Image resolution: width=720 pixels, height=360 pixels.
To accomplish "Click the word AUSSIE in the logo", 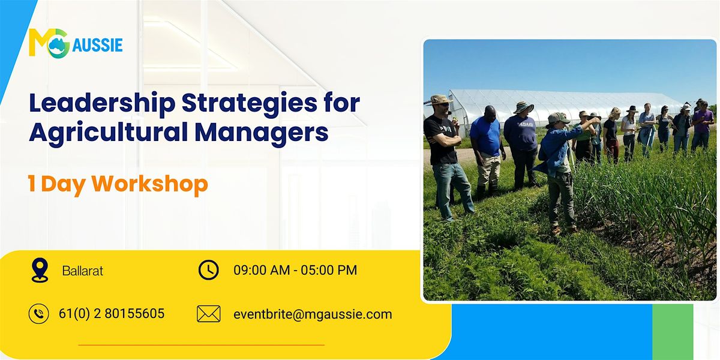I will pyautogui.click(x=98, y=45).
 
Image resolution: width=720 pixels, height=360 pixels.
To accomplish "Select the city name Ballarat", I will pyautogui.click(x=83, y=271).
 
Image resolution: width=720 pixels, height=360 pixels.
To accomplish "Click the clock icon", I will pyautogui.click(x=208, y=270).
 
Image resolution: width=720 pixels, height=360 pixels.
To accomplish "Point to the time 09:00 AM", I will pyautogui.click(x=262, y=270).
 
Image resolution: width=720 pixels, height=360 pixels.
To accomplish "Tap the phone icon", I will pyautogui.click(x=39, y=314).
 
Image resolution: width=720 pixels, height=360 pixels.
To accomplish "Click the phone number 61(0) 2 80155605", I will pyautogui.click(x=112, y=314).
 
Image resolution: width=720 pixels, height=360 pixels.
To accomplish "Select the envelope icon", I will pyautogui.click(x=208, y=314).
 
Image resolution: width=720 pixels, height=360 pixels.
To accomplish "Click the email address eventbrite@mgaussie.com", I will pyautogui.click(x=313, y=314).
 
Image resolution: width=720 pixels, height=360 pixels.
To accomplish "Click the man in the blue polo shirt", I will pyautogui.click(x=486, y=144).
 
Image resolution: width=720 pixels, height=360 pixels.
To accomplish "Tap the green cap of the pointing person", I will pyautogui.click(x=557, y=118).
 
